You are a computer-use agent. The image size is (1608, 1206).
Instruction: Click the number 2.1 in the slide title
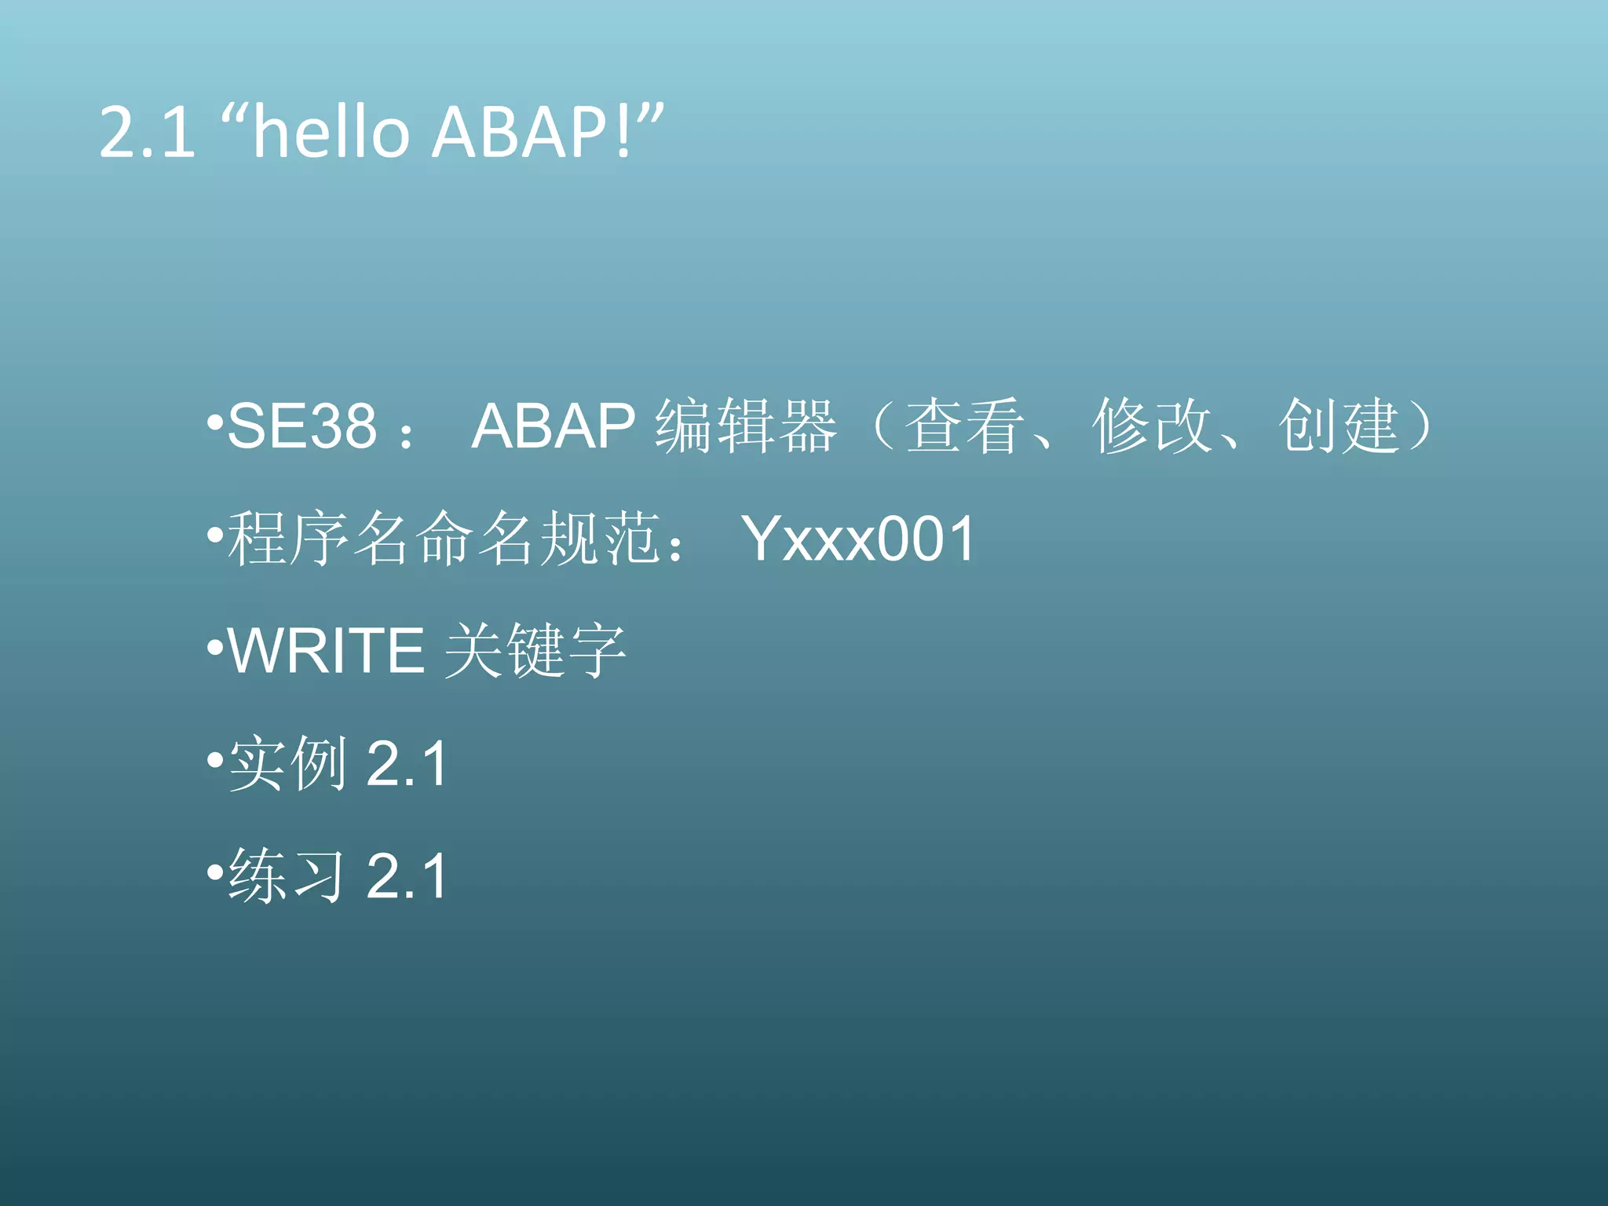pos(147,133)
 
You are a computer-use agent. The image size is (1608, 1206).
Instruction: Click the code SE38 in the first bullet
pos(302,426)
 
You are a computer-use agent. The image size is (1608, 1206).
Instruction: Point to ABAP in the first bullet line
pos(553,426)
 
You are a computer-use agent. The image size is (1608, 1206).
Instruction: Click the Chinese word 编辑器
pos(746,426)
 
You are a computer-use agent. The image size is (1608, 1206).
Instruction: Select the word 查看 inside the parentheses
pos(964,426)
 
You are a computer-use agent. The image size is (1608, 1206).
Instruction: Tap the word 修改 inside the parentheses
pos(1152,426)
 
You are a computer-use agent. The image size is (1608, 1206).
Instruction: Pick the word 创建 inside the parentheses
pos(1339,426)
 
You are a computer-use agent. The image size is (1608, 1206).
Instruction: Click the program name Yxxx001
pos(859,539)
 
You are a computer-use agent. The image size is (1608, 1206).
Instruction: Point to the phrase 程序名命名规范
pos(444,539)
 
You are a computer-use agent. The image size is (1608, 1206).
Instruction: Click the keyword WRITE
pos(327,651)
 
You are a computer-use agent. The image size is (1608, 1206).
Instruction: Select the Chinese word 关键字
pos(535,651)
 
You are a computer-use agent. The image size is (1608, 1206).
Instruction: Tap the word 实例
pos(287,764)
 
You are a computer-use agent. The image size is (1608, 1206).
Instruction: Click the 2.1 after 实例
pos(407,764)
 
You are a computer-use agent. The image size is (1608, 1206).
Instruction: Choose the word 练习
pos(287,876)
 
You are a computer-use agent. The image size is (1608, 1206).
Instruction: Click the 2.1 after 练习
pos(407,876)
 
